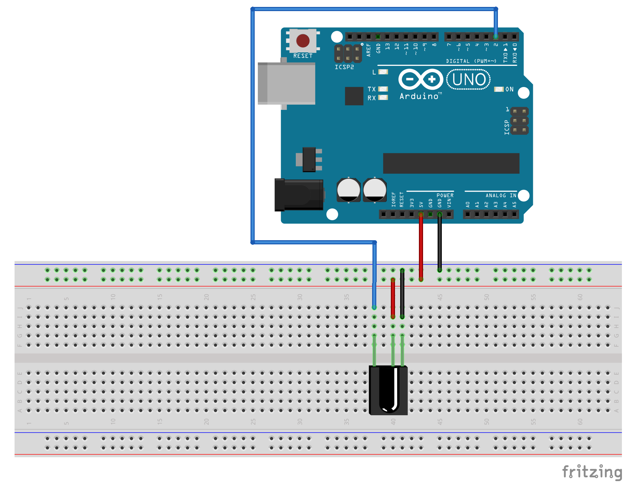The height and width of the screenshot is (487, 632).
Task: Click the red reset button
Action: tap(303, 41)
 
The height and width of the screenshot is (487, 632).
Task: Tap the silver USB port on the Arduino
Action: tap(287, 83)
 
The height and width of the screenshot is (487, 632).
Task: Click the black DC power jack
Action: tap(299, 195)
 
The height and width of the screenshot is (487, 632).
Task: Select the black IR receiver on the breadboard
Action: tap(388, 390)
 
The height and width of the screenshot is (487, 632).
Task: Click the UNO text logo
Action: tap(468, 79)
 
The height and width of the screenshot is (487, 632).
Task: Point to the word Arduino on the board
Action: tap(419, 96)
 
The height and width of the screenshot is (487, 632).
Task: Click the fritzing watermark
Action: tap(592, 472)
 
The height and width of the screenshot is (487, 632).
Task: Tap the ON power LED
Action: tap(499, 89)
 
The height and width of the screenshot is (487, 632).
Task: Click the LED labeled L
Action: tap(383, 72)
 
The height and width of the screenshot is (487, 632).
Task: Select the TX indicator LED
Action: tap(383, 89)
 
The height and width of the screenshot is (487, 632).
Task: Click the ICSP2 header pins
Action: tap(348, 54)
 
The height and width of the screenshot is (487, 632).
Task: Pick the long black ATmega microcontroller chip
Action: tap(451, 163)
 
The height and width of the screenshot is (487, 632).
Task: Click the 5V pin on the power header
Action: tap(421, 215)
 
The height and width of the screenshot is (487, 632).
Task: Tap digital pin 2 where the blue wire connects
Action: tap(496, 36)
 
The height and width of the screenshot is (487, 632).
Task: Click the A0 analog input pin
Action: tap(467, 215)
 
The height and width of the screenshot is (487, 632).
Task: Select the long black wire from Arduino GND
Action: tap(439, 243)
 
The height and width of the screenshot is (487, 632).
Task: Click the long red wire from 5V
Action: tap(421, 246)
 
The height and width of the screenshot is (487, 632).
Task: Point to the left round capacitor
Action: tap(349, 190)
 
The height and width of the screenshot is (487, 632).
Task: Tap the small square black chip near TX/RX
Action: tap(354, 96)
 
